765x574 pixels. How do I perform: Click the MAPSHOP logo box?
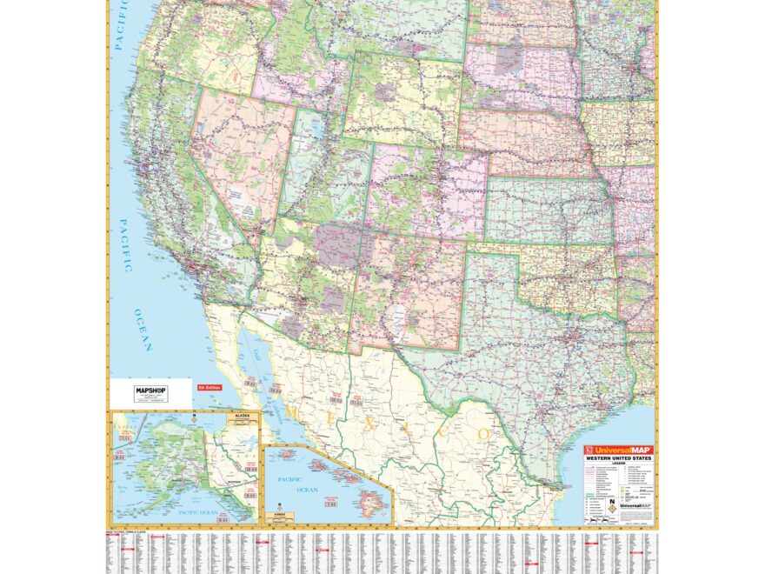149,392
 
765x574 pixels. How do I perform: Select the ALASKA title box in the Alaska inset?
242,417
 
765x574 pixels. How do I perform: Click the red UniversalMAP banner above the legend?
619,450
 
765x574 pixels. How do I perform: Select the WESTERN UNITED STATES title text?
619,458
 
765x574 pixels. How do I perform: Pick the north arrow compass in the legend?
612,502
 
